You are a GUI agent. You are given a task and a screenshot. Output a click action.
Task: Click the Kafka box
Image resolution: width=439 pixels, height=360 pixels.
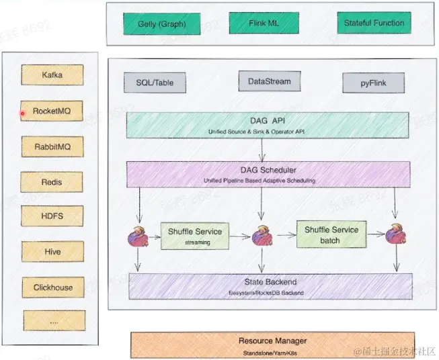point(52,75)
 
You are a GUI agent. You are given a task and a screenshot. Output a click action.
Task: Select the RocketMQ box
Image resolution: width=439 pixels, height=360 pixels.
point(52,110)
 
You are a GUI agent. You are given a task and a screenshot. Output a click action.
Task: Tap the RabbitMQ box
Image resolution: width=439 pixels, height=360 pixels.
point(52,146)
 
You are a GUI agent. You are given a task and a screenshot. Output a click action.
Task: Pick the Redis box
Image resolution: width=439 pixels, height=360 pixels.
point(52,181)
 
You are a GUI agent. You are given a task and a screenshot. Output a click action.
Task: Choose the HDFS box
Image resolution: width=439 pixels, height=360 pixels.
point(52,216)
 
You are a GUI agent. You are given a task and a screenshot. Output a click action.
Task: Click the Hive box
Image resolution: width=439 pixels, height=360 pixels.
point(52,252)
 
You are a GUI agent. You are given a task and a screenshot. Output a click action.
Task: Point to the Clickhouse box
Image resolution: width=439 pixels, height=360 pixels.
point(52,287)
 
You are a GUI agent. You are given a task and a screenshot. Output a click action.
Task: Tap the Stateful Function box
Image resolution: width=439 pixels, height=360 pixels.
point(374,24)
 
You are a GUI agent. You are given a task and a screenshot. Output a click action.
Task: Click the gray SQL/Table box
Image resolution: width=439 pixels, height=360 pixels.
point(154,83)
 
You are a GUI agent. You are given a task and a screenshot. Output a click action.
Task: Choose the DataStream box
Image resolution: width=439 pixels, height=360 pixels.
point(269,81)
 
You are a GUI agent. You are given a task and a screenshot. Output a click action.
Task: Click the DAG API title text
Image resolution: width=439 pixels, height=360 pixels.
point(268,120)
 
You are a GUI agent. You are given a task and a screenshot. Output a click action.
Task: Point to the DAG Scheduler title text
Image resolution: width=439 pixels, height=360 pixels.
point(268,170)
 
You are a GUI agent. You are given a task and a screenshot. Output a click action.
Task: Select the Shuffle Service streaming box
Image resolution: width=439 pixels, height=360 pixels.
point(194,235)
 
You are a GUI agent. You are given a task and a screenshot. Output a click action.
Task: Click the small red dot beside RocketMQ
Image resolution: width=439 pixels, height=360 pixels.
point(22,114)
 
